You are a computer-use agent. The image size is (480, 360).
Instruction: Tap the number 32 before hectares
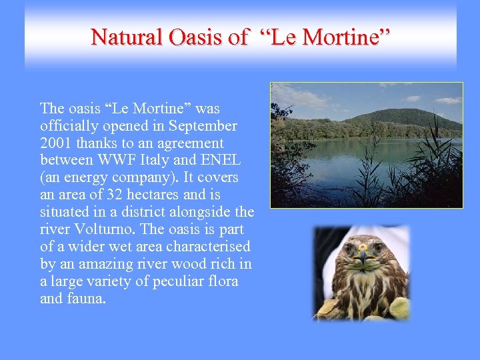[112, 195]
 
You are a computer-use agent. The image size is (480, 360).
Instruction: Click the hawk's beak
[363, 255]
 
